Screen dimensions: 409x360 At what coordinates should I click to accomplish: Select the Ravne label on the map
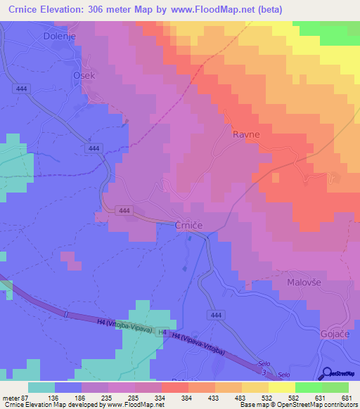[x=247, y=134]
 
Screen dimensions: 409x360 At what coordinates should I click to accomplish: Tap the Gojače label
[x=335, y=332]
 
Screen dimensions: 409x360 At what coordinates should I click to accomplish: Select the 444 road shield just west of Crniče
[x=124, y=211]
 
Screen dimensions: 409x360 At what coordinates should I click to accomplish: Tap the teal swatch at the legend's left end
[x=41, y=387]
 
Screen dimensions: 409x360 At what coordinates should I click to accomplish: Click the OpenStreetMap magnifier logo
[x=326, y=374]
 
